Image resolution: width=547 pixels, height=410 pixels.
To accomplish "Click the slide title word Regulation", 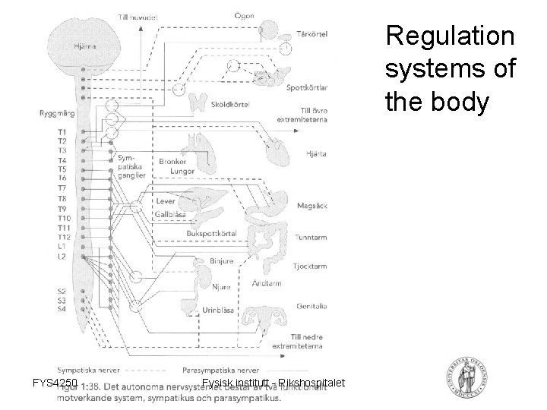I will pyautogui.click(x=450, y=35).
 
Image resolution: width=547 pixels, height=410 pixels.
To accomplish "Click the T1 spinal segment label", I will pyautogui.click(x=62, y=132).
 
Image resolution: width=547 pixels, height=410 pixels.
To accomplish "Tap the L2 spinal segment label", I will pyautogui.click(x=62, y=257).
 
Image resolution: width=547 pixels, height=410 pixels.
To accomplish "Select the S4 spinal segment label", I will pyautogui.click(x=62, y=309).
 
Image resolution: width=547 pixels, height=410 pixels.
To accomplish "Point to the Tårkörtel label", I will pyautogui.click(x=310, y=33).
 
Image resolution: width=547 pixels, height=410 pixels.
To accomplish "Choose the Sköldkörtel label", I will pyautogui.click(x=230, y=103).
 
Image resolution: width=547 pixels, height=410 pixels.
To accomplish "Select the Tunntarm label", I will pyautogui.click(x=313, y=238).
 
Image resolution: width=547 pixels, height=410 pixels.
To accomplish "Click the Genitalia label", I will pyautogui.click(x=313, y=306).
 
